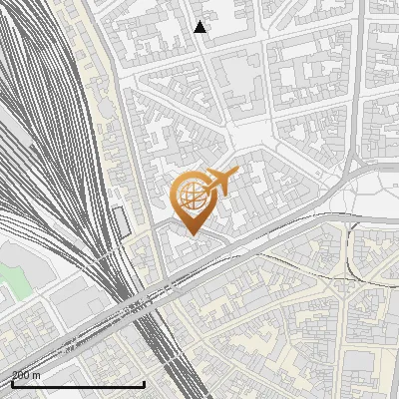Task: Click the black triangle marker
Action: click(200, 27)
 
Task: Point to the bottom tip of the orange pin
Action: click(191, 234)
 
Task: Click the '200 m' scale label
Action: click(26, 375)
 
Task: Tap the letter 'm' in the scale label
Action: click(37, 375)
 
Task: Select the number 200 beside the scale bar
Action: click(21, 375)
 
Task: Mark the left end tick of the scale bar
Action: click(11, 382)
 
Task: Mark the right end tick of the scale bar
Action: click(145, 382)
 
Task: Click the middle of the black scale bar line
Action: click(78, 384)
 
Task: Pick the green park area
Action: click(12, 274)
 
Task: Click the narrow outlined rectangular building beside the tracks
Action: click(123, 221)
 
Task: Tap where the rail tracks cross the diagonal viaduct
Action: click(140, 304)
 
